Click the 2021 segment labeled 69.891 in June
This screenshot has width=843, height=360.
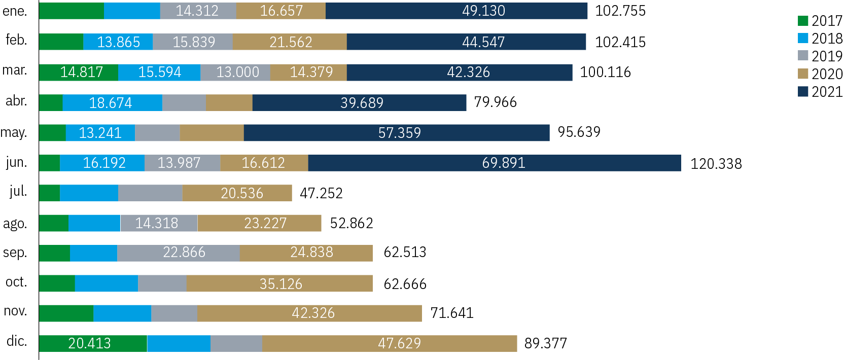[x=495, y=163]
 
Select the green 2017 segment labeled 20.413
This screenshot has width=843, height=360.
[x=93, y=343]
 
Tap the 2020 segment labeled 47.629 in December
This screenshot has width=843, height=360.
[x=390, y=343]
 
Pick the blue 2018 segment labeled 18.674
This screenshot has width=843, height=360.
[x=112, y=102]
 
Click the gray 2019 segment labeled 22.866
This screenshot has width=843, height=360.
[x=179, y=253]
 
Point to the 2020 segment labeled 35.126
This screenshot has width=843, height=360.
[x=279, y=283]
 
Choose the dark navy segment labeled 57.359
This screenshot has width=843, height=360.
[x=397, y=133]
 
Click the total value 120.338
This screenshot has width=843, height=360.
[x=716, y=164]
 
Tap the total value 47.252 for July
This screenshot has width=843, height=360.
[x=321, y=193]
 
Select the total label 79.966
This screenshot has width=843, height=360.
[x=495, y=102]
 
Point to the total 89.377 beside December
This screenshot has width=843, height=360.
[x=545, y=343]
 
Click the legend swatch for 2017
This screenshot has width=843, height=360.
[x=803, y=21]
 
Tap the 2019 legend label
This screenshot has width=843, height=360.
[x=826, y=56]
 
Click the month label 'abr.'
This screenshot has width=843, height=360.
[x=16, y=101]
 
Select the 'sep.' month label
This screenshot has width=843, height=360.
[x=15, y=253]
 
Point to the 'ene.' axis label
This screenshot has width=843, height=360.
[x=15, y=11]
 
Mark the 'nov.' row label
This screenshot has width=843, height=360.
[x=15, y=311]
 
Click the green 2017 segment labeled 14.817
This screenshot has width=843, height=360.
[x=79, y=73]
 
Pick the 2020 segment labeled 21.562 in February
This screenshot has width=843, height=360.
[x=290, y=42]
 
